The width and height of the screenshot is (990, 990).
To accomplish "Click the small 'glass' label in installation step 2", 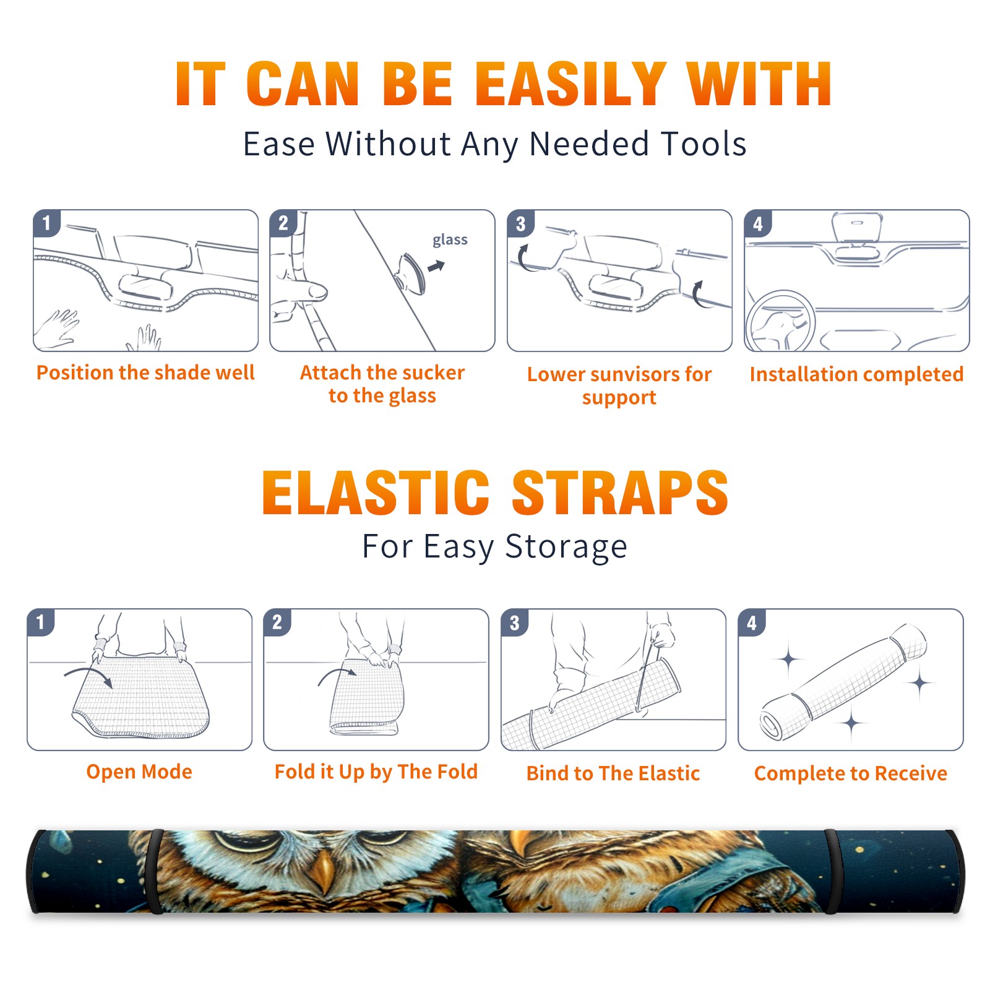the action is [x=450, y=240].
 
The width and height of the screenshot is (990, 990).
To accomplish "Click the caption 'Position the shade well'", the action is [x=145, y=372].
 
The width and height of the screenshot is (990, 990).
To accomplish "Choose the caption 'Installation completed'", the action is [x=856, y=374].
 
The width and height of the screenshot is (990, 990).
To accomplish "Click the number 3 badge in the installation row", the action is [x=520, y=223].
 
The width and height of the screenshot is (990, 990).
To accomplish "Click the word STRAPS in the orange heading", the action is [x=620, y=493].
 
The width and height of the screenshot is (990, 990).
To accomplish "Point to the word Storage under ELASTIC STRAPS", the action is [x=566, y=547].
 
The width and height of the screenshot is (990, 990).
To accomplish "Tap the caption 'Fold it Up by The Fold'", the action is [x=376, y=772].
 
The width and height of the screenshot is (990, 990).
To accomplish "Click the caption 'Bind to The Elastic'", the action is [x=613, y=773].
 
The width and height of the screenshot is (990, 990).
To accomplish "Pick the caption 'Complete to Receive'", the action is [x=851, y=773].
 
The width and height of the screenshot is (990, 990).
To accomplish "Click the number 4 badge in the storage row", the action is [x=752, y=622].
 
